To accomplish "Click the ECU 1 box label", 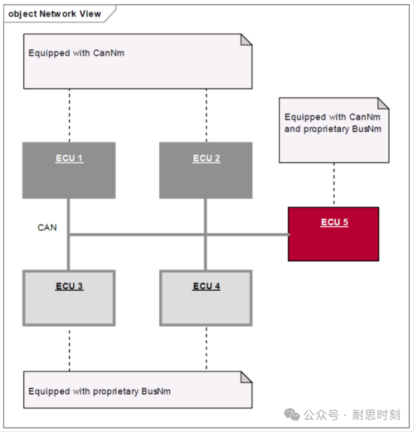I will (69, 159).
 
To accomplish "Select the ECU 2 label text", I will (206, 159).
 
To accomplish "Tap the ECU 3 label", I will (69, 286).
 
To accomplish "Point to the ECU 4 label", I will (206, 286).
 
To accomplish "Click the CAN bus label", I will (47, 227).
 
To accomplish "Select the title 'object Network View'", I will (55, 13).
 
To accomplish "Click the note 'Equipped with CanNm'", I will (76, 53).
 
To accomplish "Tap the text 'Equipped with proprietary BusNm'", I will (99, 391).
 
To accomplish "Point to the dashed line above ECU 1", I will (69, 115).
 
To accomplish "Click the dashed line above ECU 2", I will (206, 115).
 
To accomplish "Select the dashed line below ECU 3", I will (69, 347).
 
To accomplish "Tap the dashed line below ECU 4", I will (206, 347).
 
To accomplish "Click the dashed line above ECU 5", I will (333, 184).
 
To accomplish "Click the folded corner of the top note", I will (246, 40).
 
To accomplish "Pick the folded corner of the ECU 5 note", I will (383, 103).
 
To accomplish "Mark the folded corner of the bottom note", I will (246, 377).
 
